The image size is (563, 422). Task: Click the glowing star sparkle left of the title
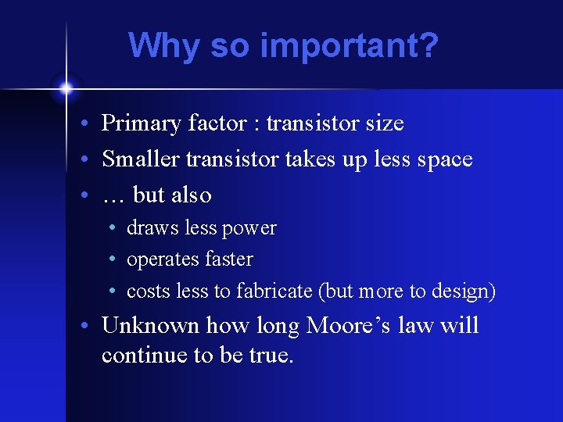point(66,88)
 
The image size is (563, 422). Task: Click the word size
point(382,123)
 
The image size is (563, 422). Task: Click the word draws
point(149,228)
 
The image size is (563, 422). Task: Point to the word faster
point(227,259)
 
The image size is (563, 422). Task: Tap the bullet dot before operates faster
point(114,259)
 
